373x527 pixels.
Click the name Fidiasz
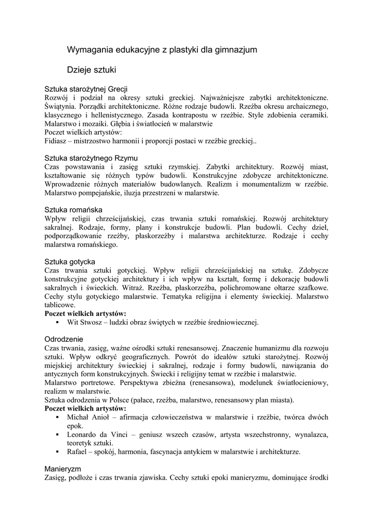point(57,140)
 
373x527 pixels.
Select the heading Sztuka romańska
point(73,210)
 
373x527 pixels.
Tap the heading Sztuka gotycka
point(70,261)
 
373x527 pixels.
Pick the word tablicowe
point(61,305)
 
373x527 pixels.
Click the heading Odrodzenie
point(64,340)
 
